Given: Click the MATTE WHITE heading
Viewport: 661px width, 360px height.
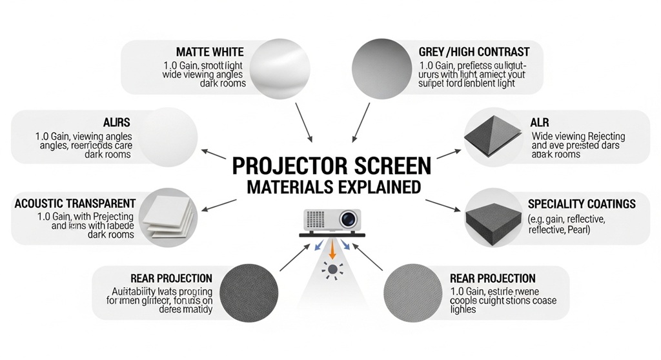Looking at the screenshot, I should [x=210, y=51].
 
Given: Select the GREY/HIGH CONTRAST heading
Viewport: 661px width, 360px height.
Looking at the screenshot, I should [x=473, y=51].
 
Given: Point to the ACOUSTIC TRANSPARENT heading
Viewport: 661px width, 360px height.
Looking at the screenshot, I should [x=75, y=203].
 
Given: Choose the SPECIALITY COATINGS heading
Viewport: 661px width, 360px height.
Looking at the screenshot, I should [x=582, y=204].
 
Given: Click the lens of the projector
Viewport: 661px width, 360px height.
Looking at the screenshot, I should [x=348, y=219].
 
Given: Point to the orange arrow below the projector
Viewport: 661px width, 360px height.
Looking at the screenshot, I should [x=332, y=248].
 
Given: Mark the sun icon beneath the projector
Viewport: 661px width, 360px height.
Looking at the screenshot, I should [x=332, y=269].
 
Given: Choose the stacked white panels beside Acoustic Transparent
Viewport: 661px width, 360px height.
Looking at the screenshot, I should [x=167, y=215].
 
